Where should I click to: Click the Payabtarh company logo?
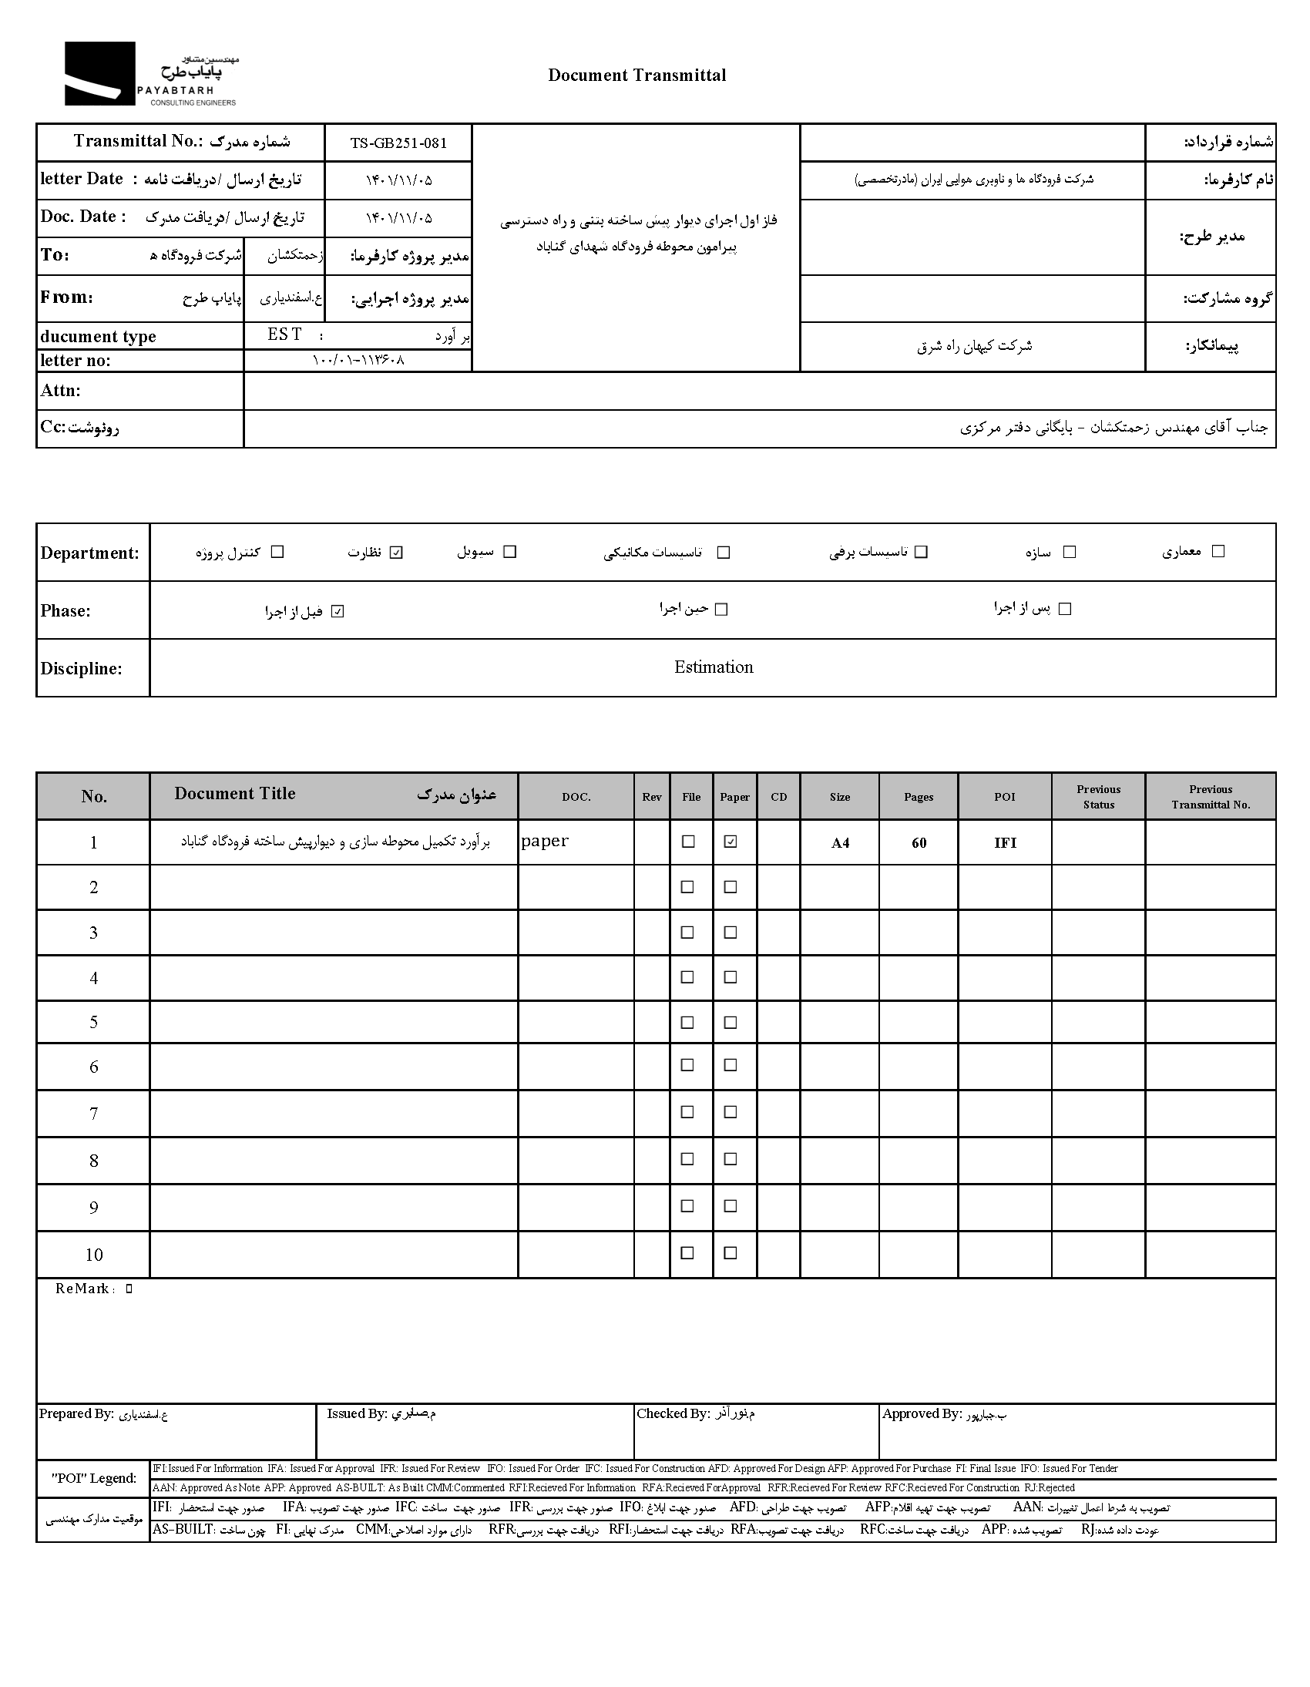click(150, 73)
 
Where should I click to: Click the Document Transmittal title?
click(637, 75)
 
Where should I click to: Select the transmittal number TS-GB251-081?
click(398, 143)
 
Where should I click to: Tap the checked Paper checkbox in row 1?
click(730, 842)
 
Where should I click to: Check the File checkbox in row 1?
click(687, 842)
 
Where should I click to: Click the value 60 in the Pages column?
click(919, 842)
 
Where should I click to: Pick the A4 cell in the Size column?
click(840, 842)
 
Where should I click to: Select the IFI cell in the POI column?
click(1005, 842)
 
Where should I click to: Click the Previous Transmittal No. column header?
click(1210, 796)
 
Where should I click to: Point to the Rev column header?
click(651, 796)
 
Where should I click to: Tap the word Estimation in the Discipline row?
click(713, 667)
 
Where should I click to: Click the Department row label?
click(89, 553)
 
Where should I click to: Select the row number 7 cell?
click(93, 1113)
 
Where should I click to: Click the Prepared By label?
click(76, 1413)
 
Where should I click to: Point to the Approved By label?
click(922, 1413)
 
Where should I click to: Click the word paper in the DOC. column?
click(545, 841)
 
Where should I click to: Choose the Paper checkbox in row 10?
click(730, 1253)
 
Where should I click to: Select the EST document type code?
click(284, 334)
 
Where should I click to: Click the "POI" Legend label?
click(93, 1478)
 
